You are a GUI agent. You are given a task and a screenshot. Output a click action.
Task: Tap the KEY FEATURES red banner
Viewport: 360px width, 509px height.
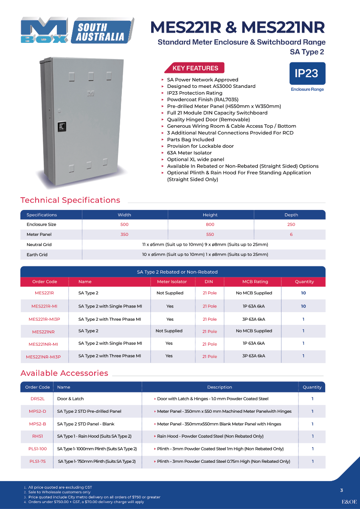coord(195,68)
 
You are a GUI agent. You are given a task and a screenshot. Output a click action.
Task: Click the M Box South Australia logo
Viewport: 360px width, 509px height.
coord(77,31)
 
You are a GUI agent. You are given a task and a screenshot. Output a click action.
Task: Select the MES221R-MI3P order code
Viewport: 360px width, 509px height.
coord(43,319)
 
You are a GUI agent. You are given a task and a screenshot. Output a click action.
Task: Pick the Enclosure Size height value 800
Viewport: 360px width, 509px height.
coord(210,224)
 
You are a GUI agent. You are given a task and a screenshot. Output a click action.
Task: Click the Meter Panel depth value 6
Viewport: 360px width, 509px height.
coord(291,235)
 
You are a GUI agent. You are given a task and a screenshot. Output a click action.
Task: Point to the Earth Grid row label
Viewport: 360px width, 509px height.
coord(37,255)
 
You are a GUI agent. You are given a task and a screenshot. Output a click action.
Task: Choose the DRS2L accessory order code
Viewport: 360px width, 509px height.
coord(37,399)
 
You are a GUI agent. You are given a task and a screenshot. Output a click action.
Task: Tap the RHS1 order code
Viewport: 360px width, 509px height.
coord(37,436)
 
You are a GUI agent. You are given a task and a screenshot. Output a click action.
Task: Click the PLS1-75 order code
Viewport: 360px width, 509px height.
coord(37,461)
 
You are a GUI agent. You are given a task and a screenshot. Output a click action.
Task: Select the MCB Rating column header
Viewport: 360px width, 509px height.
coord(255,282)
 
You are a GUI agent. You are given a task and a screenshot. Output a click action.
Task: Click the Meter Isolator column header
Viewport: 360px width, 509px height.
coord(172,282)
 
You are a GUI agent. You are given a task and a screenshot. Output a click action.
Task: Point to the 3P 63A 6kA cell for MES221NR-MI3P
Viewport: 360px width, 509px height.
coord(253,356)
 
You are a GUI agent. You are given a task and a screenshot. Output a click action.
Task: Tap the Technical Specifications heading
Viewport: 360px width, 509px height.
coord(70,200)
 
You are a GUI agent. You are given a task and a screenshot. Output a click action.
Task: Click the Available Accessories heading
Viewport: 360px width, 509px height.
coord(64,373)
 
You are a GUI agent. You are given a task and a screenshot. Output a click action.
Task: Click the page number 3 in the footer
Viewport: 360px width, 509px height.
coord(341,490)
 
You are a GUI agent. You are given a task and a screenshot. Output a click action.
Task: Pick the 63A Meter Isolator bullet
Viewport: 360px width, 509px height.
coord(189,153)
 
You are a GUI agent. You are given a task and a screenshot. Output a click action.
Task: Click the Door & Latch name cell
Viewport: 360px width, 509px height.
coord(70,399)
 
